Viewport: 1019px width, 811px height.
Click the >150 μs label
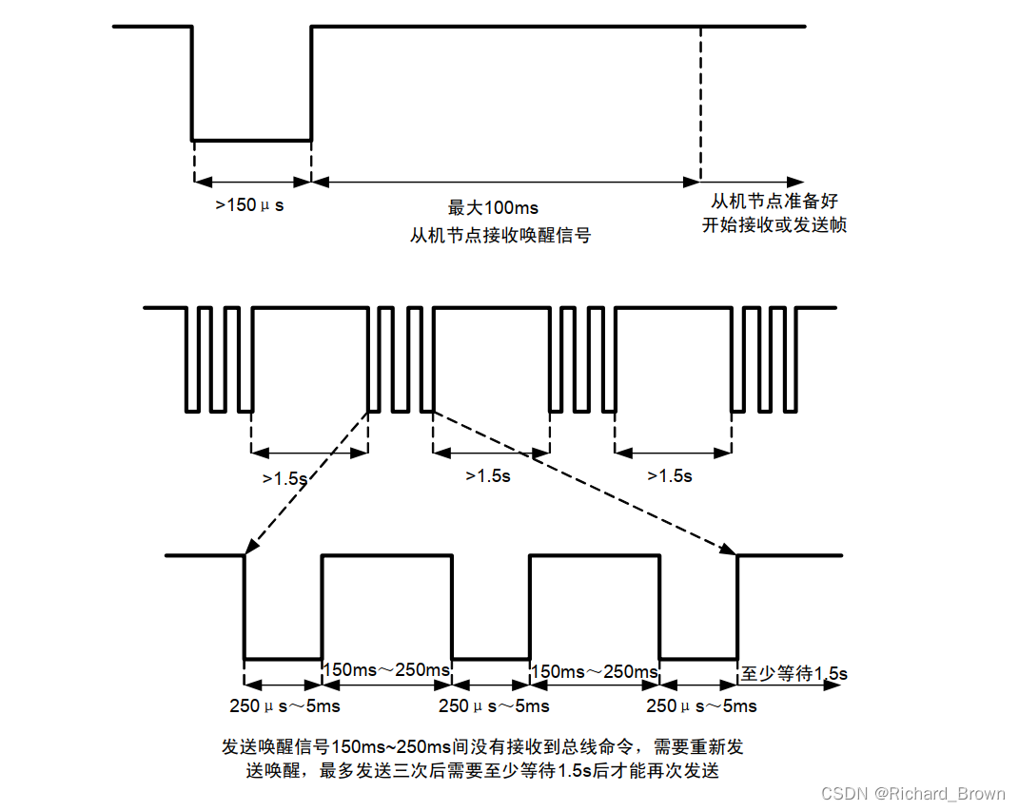click(249, 203)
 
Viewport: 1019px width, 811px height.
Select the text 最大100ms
click(493, 207)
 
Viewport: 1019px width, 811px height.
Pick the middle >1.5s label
click(487, 475)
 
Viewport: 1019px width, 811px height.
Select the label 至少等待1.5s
click(794, 674)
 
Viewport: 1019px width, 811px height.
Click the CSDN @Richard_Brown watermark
click(912, 793)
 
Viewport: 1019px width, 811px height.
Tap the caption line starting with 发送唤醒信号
click(482, 746)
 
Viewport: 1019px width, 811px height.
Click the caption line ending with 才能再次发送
click(482, 770)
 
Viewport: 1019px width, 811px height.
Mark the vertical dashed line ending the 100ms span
click(701, 105)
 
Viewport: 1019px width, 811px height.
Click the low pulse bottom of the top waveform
click(252, 141)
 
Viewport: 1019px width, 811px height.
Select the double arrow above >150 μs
click(252, 181)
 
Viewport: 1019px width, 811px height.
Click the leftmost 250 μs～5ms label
click(284, 705)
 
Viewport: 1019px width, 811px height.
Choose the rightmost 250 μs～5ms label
click(701, 705)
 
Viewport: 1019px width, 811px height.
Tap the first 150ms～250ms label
click(386, 670)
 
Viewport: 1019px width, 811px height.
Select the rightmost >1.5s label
click(670, 475)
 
